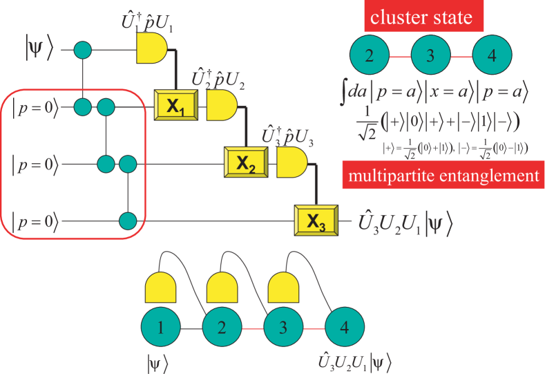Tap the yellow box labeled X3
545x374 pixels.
(x=316, y=221)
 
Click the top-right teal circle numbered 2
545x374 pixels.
(x=370, y=56)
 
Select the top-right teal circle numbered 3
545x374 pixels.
(x=430, y=56)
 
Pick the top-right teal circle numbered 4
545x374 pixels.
(x=491, y=56)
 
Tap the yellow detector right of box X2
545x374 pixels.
(x=290, y=163)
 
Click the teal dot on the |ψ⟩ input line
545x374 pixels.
(x=83, y=50)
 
